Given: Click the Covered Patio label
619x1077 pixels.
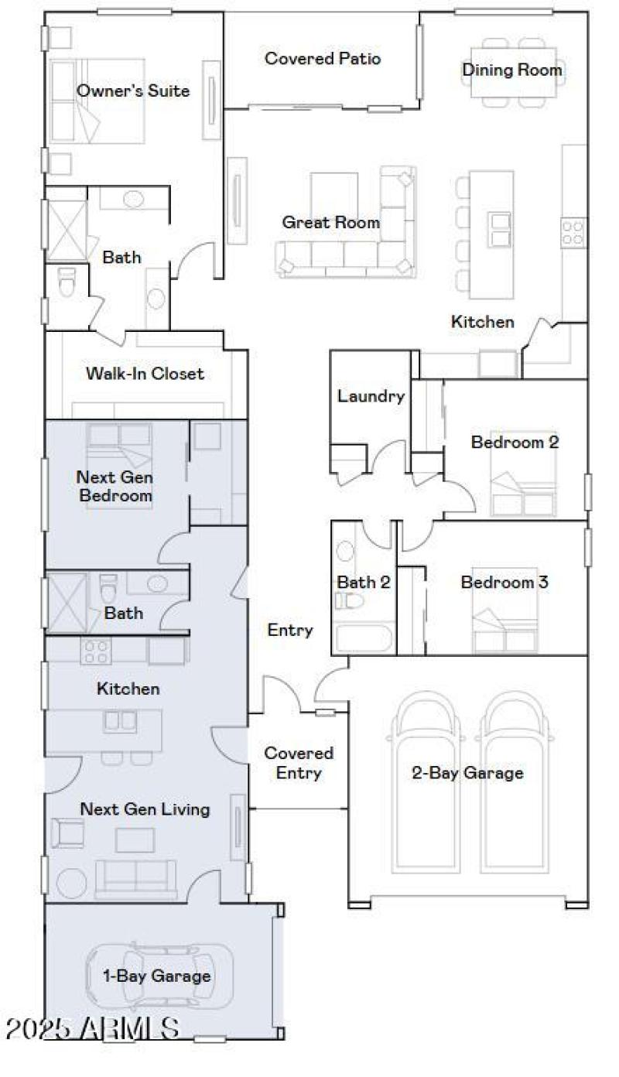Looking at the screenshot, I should (x=323, y=59).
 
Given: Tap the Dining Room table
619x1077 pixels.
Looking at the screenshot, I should (x=513, y=72).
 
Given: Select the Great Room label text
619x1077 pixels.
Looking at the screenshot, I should (x=330, y=223).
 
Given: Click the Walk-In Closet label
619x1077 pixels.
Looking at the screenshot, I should (x=145, y=374).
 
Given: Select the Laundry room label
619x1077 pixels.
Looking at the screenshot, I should (x=371, y=397).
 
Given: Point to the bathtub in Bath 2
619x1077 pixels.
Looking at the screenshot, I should (x=364, y=638).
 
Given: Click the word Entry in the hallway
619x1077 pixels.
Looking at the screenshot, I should (x=290, y=630).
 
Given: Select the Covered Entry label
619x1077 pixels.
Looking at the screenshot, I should (x=299, y=762).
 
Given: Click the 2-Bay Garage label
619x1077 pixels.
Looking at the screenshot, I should (x=467, y=772).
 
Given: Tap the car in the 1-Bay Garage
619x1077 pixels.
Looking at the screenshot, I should (x=159, y=976).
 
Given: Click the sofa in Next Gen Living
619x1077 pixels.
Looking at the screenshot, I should (x=136, y=878).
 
